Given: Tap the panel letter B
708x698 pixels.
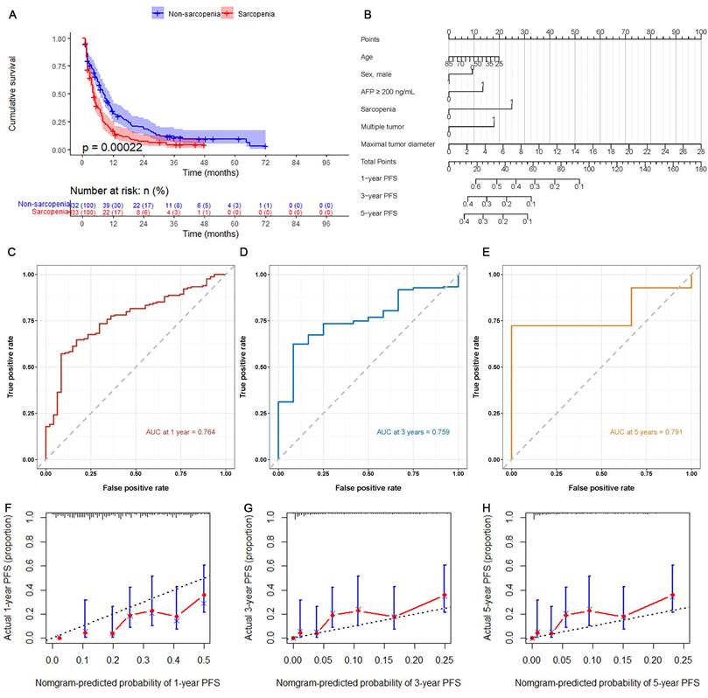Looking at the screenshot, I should pos(368,14).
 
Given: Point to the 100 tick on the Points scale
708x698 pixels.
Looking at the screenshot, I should pos(699,31).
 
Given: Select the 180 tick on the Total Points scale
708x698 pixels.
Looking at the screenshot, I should pos(699,171).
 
